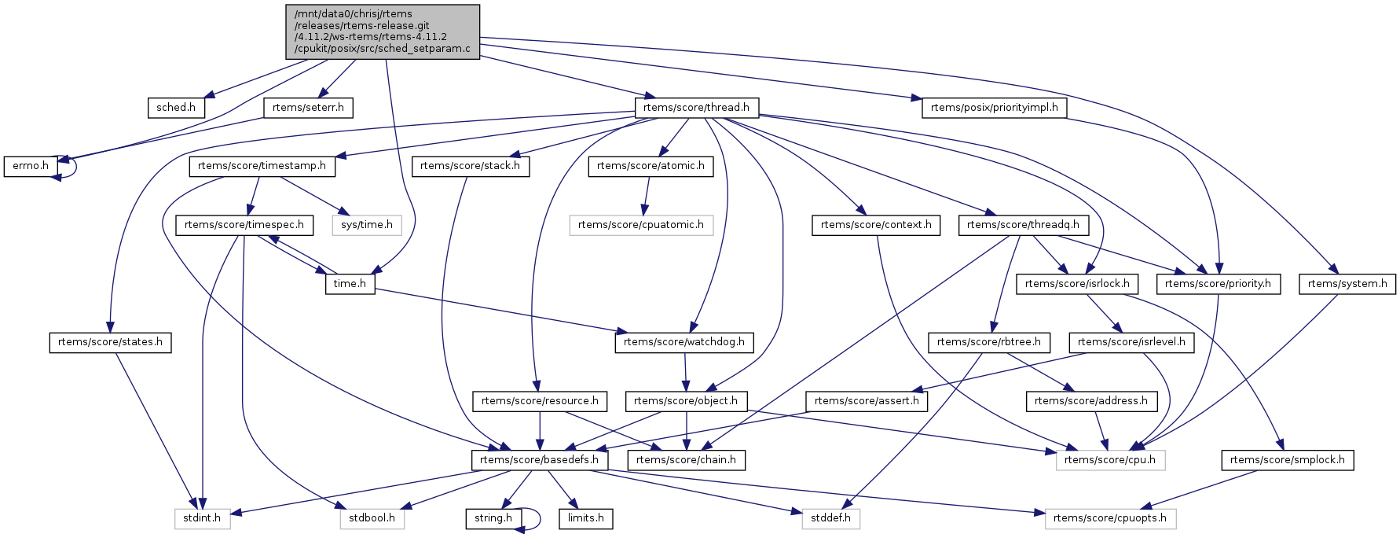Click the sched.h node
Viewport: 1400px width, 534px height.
pos(176,108)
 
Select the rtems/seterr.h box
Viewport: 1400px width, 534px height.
pos(308,108)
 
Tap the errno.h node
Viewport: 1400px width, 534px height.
pos(31,166)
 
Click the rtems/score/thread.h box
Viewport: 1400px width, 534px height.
pos(696,108)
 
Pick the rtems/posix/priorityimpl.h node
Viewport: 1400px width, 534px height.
pos(994,108)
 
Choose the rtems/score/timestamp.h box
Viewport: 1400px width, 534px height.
pos(262,166)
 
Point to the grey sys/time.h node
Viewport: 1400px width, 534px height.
pos(367,225)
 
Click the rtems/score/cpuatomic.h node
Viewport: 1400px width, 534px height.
pos(641,225)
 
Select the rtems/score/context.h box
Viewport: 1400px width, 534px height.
pos(876,225)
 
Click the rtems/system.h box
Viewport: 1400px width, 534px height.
pos(1347,284)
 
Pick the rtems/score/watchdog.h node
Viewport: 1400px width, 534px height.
pos(684,342)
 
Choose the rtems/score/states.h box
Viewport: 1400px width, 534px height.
pos(110,342)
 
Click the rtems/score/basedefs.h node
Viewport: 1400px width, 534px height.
pos(539,460)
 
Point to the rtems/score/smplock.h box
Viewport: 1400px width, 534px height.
pos(1287,460)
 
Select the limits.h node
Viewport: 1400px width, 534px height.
pos(586,518)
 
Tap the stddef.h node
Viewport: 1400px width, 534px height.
pos(830,518)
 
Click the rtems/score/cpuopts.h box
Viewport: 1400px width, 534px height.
pos(1109,518)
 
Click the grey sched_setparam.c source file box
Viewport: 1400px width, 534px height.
pos(383,31)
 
